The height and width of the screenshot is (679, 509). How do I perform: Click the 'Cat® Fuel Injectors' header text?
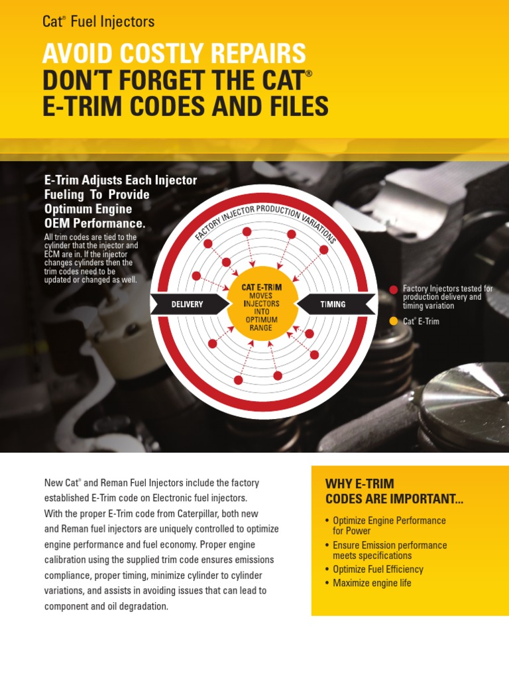coord(98,22)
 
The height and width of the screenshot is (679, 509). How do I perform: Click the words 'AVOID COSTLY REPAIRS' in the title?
coord(174,54)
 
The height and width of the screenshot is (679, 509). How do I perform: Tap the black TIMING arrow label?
coord(333,304)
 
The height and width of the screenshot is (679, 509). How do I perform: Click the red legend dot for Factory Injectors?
coord(394,289)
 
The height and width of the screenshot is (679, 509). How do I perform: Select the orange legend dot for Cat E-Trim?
coord(394,321)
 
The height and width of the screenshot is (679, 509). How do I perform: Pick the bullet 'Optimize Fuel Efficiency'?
coord(378,569)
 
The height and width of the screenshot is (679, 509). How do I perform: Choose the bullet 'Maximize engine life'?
coord(372,583)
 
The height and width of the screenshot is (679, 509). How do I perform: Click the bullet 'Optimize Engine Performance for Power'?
coord(388,526)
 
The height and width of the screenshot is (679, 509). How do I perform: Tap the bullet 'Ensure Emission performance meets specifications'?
coord(389,550)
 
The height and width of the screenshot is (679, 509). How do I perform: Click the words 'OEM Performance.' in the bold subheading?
coord(94,223)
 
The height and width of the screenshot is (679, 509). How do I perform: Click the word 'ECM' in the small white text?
coord(53,253)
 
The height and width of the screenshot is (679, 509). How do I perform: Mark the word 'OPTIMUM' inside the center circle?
coord(261,320)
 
